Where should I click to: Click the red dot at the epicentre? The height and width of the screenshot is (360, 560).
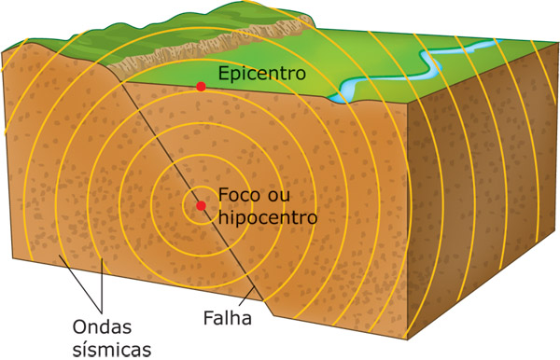[x=200, y=87]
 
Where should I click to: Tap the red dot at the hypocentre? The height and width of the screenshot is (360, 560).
[x=200, y=205]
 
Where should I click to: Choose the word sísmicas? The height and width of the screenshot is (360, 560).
[x=110, y=348]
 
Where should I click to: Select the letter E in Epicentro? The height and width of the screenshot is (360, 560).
[x=223, y=72]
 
